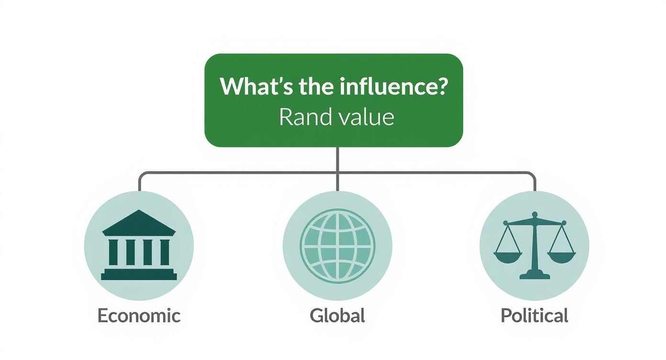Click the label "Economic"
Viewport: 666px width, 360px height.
click(139, 316)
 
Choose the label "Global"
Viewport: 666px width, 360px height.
click(337, 316)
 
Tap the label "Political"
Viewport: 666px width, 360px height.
click(534, 316)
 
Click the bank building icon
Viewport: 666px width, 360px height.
click(139, 245)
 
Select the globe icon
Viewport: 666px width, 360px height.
click(337, 246)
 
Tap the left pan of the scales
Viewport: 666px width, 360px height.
click(508, 258)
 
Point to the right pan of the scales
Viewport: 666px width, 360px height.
click(562, 258)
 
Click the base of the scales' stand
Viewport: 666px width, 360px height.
click(534, 275)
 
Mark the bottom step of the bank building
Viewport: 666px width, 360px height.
click(139, 277)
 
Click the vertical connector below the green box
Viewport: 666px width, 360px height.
click(337, 159)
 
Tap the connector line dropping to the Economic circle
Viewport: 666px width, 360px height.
click(139, 182)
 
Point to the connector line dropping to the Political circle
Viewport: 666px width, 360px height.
click(534, 182)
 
